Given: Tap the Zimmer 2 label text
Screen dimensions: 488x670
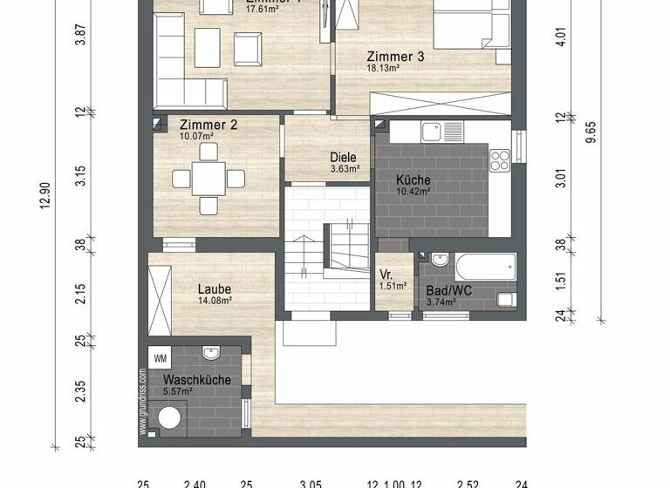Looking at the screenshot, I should (209, 125).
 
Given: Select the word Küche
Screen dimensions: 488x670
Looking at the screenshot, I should (413, 180).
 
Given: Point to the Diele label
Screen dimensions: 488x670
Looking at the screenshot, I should (343, 158).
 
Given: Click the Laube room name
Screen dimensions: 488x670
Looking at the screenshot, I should (214, 289).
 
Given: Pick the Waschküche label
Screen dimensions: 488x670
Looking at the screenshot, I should (197, 380).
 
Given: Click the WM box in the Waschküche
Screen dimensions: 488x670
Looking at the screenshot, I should (160, 358).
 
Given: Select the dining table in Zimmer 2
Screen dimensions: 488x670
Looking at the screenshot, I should (208, 179).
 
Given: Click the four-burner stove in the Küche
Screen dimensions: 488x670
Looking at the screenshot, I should (499, 159).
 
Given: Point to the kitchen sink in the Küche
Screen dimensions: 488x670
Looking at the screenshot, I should (431, 132).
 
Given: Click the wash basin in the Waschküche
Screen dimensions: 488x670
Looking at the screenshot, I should (210, 353).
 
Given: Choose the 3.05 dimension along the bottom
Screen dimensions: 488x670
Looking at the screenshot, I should (311, 484).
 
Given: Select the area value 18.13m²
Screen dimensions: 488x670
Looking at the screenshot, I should (382, 68).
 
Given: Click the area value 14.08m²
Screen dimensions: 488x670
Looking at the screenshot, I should (214, 301).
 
